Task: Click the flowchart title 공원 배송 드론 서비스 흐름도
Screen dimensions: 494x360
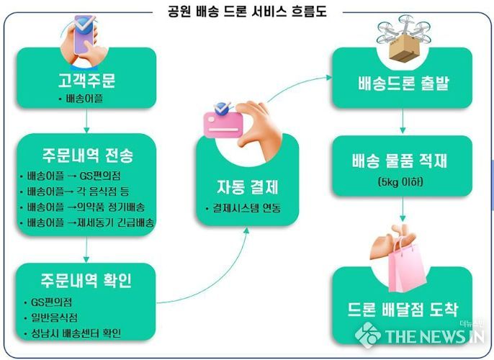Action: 247,12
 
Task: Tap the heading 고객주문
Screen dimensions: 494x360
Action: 86,81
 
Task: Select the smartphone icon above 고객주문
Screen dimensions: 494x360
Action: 84,40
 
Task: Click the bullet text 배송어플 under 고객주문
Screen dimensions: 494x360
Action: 84,99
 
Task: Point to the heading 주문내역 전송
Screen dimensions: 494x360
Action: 88,156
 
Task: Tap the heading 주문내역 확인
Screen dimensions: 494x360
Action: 86,280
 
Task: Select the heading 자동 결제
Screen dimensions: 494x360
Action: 247,187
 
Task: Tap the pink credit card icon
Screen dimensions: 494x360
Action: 223,124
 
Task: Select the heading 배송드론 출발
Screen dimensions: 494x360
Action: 403,84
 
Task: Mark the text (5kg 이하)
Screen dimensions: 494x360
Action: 400,182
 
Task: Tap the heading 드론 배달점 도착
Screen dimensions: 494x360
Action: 403,310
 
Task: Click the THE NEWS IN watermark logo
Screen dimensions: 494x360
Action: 420,335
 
